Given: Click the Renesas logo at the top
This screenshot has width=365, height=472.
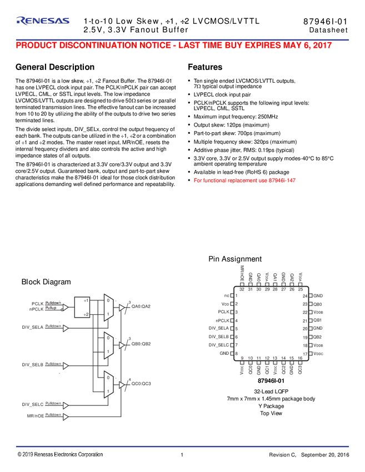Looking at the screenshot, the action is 43,21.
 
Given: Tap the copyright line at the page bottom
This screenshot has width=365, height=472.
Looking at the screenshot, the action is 60,454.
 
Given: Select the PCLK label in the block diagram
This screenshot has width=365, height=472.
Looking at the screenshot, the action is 37,303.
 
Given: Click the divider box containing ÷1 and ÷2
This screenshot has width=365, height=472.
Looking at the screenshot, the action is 86,307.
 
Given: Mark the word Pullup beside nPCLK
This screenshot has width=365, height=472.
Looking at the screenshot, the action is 52,307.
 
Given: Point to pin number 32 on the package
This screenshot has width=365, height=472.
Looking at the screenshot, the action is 242,289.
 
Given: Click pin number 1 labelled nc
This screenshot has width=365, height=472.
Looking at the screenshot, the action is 237,296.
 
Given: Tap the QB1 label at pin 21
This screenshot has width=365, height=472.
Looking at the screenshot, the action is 318,320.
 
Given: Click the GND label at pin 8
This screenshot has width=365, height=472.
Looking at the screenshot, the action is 224,353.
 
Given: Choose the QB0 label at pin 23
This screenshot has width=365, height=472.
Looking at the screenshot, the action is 318,304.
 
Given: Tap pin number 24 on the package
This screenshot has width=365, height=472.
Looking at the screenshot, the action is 305,296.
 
